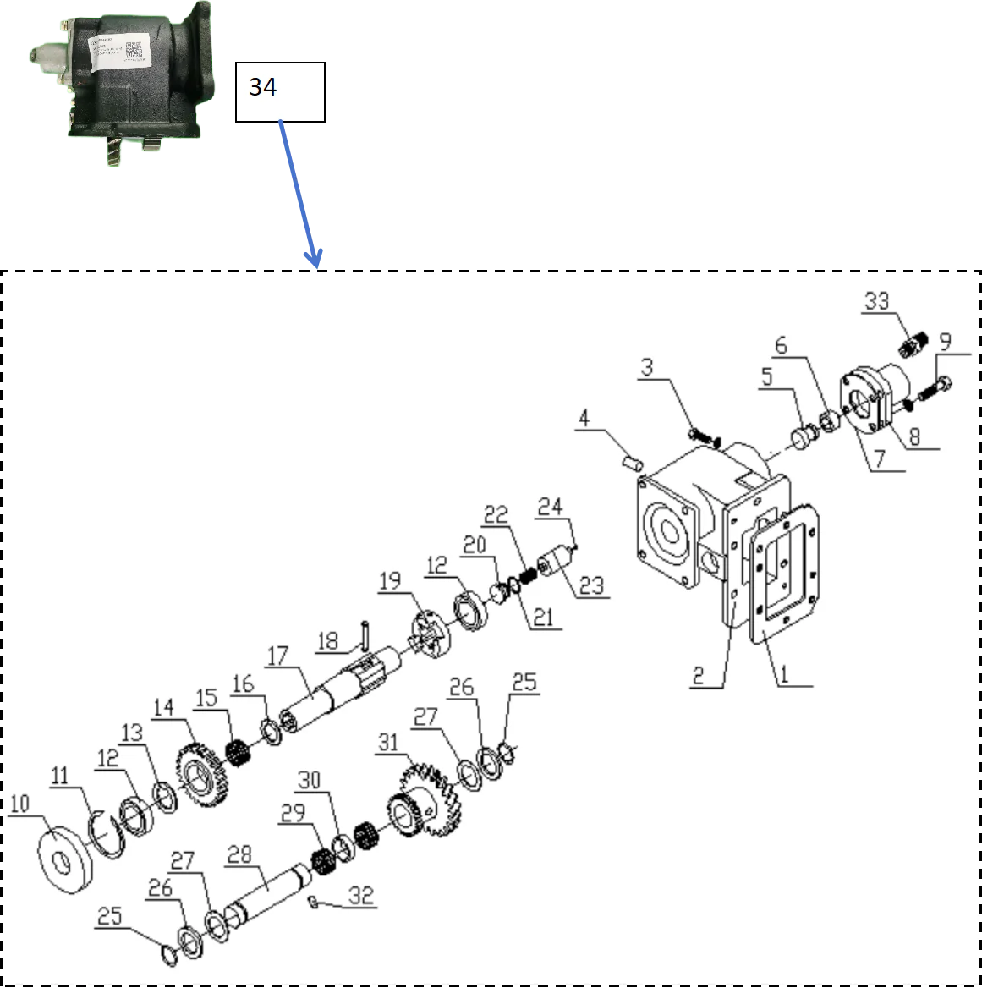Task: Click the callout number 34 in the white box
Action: point(263,87)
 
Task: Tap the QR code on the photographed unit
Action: point(134,50)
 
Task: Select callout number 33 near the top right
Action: point(876,301)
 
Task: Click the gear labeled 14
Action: point(201,774)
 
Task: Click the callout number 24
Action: point(550,506)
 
